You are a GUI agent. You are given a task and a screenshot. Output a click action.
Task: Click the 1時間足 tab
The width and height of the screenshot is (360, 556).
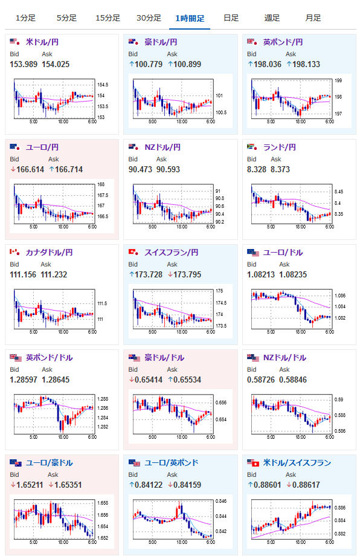coord(190,18)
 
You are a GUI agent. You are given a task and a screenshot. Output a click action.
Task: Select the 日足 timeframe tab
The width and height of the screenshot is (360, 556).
coord(231,18)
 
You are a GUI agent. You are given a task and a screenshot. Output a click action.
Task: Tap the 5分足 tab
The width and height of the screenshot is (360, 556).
coord(66,18)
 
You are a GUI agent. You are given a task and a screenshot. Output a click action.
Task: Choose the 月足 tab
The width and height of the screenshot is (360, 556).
coord(313,18)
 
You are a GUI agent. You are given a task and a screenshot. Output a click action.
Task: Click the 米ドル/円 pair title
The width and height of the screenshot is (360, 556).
coord(42,42)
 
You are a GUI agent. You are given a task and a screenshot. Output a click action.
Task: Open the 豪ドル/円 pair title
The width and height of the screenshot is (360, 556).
coord(161,42)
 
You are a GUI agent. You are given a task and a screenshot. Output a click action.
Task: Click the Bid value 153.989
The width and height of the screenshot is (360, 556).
coord(24,64)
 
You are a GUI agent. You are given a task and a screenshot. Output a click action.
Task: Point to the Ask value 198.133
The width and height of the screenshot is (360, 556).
coord(303,64)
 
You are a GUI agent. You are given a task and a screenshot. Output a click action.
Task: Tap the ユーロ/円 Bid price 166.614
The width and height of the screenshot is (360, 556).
coord(27,169)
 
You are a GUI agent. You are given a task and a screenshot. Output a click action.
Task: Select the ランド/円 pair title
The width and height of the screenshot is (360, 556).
coord(280,147)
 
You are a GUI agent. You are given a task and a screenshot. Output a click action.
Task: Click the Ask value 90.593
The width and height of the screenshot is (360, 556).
coord(169,169)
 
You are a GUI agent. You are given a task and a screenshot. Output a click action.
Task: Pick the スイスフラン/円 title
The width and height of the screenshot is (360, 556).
coord(172,253)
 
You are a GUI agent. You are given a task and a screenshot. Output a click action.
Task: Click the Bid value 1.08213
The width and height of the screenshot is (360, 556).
coord(261,274)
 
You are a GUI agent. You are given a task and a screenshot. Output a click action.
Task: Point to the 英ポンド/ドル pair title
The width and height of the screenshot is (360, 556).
coord(50,357)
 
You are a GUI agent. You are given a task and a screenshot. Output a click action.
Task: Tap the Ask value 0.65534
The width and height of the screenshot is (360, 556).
coord(184,380)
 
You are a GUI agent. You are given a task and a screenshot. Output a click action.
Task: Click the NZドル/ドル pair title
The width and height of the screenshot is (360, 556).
coord(285,357)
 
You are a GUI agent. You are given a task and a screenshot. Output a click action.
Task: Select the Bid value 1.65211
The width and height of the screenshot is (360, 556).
coord(27,485)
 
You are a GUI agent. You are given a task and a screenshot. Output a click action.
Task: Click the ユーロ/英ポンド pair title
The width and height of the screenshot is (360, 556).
coord(172,463)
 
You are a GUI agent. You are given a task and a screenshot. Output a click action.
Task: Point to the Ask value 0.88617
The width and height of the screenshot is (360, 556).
coord(303,485)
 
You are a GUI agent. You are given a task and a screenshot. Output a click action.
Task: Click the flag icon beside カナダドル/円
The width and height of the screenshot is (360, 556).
coord(15,253)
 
